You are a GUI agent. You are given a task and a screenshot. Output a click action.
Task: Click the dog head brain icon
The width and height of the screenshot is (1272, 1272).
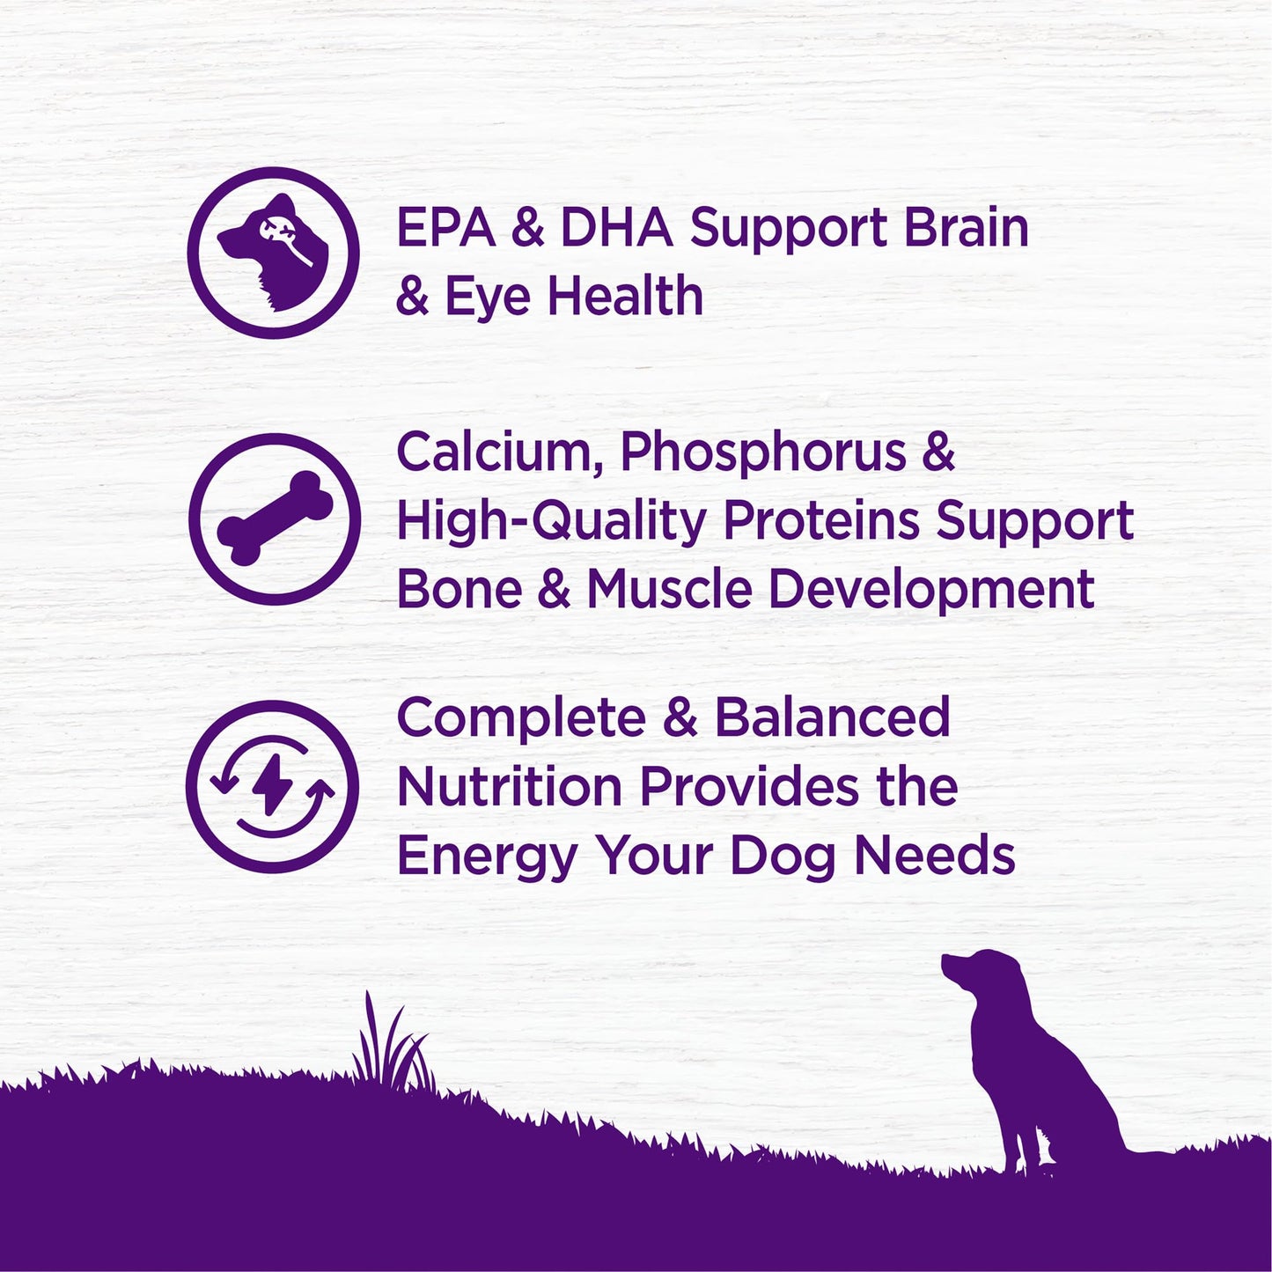coord(274,253)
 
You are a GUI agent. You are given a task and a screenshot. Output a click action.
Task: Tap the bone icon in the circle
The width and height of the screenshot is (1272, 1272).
coord(275,518)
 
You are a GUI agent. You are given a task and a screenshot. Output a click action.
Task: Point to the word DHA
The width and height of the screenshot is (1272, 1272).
coord(616,228)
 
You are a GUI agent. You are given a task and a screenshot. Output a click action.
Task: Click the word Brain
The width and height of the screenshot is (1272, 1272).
coord(966,228)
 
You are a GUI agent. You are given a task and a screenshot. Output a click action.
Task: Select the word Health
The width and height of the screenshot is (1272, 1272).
coord(625,296)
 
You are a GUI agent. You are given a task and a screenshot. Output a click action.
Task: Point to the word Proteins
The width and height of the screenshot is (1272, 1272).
coord(820,521)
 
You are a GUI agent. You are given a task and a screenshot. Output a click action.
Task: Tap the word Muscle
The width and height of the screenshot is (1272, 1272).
coord(669,589)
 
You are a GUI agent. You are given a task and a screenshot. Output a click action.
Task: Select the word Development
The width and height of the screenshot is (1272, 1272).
coord(931,591)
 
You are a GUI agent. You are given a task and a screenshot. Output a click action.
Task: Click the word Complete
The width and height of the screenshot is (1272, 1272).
coord(521,719)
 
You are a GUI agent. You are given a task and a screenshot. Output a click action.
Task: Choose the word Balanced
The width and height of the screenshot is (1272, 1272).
coord(832,717)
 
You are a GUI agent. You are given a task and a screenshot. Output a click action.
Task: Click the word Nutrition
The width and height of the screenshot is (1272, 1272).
coord(510,786)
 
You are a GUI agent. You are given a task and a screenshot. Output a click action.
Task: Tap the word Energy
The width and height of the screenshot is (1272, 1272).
coord(486,857)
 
